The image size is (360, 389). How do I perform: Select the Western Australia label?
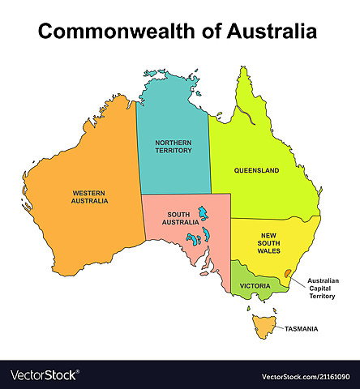[89, 196]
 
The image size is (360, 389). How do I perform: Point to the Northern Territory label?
[174, 145]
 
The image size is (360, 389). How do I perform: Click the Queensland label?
[256, 171]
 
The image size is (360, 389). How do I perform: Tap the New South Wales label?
[268, 243]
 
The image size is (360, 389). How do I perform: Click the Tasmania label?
[301, 328]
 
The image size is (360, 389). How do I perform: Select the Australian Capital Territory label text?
[323, 289]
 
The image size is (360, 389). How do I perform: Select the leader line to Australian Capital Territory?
[298, 280]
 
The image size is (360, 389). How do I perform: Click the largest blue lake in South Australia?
[203, 215]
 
